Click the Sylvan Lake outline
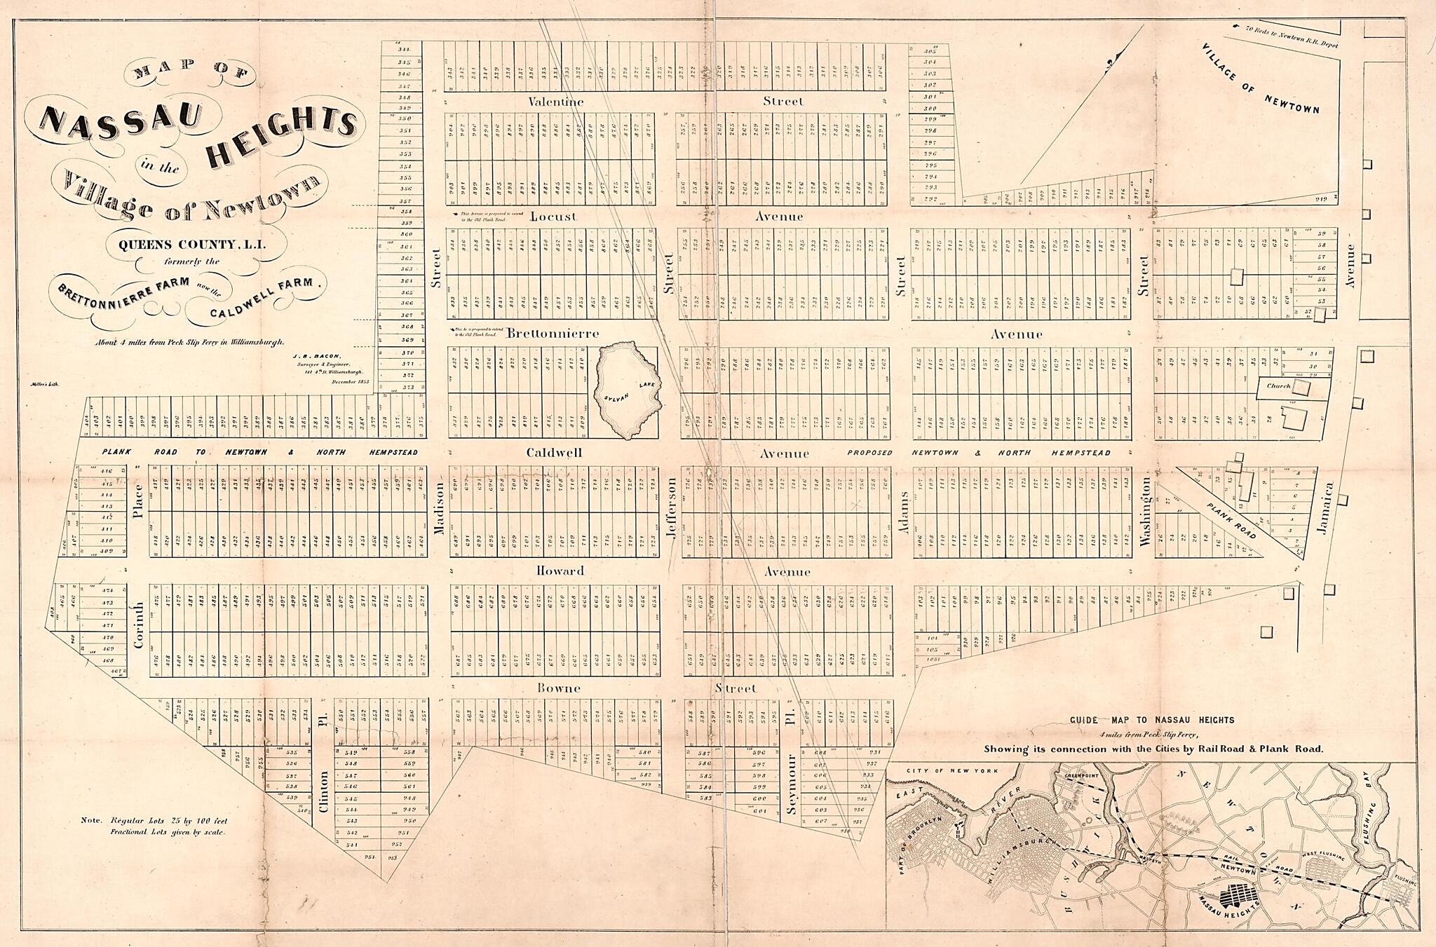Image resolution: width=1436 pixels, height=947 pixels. click(x=626, y=390)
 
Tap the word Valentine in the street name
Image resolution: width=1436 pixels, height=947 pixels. click(x=556, y=102)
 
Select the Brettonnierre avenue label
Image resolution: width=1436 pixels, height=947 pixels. click(x=552, y=334)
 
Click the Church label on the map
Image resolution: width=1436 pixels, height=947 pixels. click(x=1278, y=386)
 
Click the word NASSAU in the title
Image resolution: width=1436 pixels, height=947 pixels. click(x=121, y=118)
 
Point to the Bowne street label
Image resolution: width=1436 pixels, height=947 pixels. click(x=559, y=688)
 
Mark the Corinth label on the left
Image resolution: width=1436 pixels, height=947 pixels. click(x=138, y=624)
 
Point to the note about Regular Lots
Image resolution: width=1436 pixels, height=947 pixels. click(x=160, y=825)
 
